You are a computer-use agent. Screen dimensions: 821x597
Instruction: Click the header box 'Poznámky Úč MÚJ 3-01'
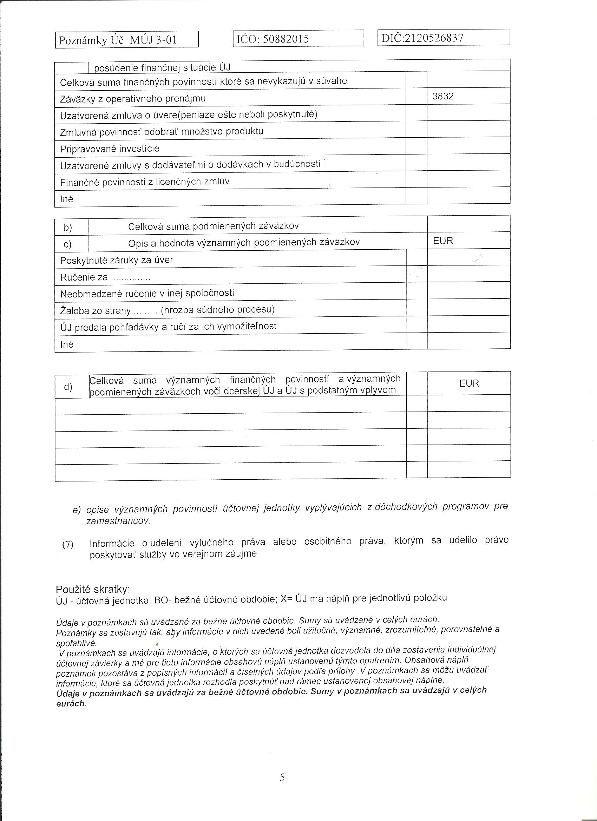click(118, 40)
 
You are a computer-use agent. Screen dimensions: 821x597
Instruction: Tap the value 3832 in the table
click(443, 96)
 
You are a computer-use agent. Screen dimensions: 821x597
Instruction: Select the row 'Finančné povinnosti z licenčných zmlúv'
click(144, 182)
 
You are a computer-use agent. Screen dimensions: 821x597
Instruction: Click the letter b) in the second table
click(68, 227)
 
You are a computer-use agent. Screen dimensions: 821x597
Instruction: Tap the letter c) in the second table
click(68, 244)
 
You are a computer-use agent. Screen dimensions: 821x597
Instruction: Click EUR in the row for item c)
click(443, 241)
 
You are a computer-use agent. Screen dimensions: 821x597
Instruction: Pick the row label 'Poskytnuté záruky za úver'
click(117, 260)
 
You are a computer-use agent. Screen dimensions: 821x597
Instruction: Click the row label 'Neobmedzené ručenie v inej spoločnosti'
click(147, 293)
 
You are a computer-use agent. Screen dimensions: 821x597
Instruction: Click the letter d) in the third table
click(68, 387)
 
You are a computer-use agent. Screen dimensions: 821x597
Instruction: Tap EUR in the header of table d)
click(469, 383)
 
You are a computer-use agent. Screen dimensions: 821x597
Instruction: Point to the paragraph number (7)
click(68, 544)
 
